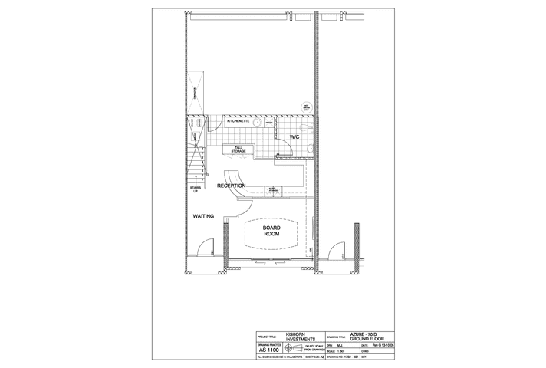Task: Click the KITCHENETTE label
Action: click(x=238, y=121)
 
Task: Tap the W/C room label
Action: click(x=294, y=137)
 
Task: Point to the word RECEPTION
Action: click(x=231, y=186)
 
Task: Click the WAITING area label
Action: click(x=203, y=216)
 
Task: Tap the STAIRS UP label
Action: click(x=195, y=189)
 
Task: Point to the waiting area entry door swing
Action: click(x=204, y=249)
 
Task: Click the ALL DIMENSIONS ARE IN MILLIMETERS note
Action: click(x=281, y=357)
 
